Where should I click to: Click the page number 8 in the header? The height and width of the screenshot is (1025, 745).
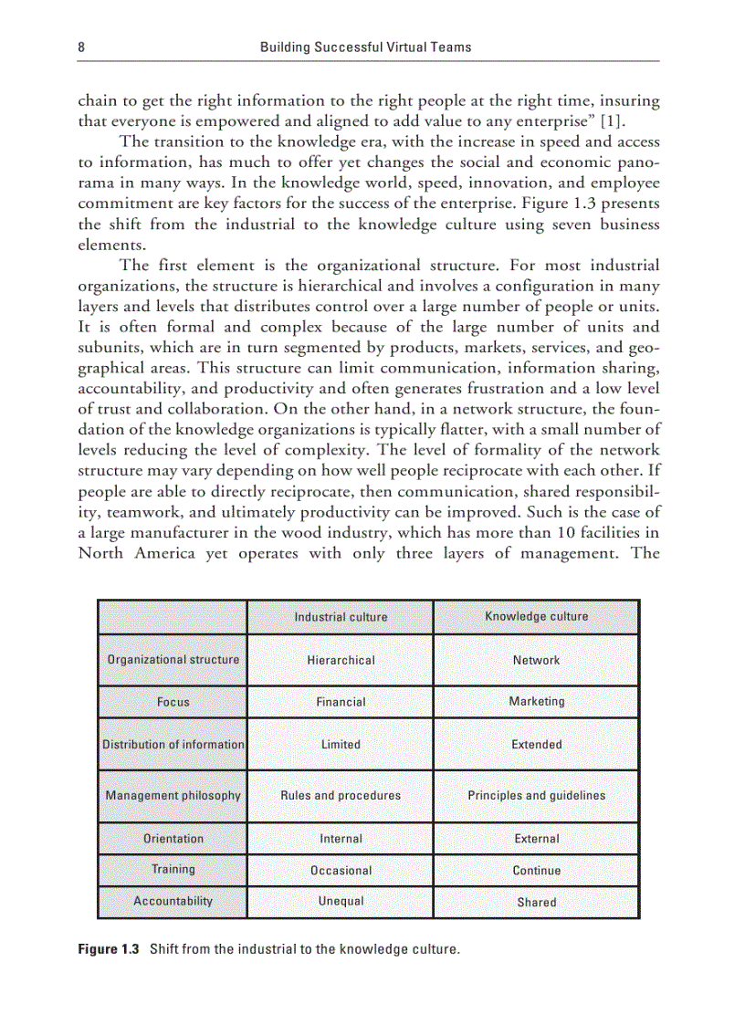click(82, 46)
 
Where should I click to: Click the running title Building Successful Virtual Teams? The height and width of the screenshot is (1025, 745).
click(365, 46)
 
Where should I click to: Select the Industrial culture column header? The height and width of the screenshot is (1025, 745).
click(341, 617)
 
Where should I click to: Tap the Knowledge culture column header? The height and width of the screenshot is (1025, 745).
click(536, 616)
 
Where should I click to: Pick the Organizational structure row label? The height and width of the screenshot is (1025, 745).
click(173, 659)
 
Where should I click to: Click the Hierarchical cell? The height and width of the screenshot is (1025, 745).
click(341, 660)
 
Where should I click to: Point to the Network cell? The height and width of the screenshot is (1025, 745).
click(536, 660)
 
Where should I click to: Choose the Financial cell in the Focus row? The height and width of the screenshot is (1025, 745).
click(341, 702)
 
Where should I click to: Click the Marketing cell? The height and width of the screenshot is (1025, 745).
click(536, 701)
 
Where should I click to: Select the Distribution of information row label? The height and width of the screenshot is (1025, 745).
click(173, 744)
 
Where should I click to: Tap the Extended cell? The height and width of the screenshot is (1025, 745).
click(536, 744)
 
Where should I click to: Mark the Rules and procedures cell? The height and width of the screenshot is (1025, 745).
click(341, 795)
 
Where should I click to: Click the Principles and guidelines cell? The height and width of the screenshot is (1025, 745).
click(536, 795)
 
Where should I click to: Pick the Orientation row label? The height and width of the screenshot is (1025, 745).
click(173, 838)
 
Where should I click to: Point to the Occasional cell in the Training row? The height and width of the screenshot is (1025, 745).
click(341, 871)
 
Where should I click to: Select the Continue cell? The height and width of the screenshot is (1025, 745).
click(536, 871)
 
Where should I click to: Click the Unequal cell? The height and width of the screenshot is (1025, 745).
click(341, 901)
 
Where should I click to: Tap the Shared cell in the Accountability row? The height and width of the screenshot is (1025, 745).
click(536, 902)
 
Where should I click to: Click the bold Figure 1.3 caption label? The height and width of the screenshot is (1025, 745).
click(108, 949)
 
